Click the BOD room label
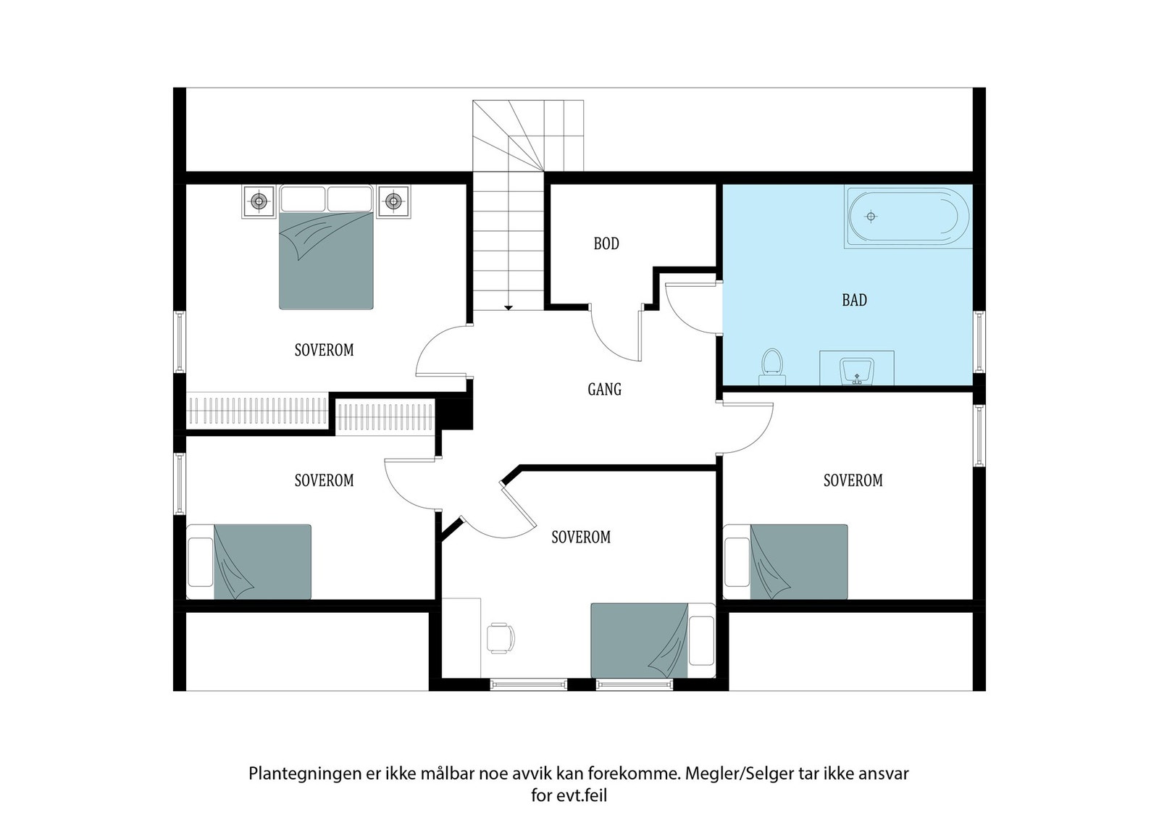pyautogui.click(x=606, y=243)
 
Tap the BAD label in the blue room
pyautogui.click(x=854, y=300)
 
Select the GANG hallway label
pyautogui.click(x=604, y=390)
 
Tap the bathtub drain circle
pyautogui.click(x=871, y=217)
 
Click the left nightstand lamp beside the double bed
pyautogui.click(x=259, y=201)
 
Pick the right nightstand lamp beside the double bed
pyautogui.click(x=393, y=201)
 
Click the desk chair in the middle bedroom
pyautogui.click(x=500, y=637)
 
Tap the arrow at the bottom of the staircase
pyautogui.click(x=509, y=308)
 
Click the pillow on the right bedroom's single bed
pyautogui.click(x=737, y=561)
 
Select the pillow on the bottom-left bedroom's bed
pyautogui.click(x=200, y=561)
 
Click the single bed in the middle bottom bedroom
pyautogui.click(x=641, y=640)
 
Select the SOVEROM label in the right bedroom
pyautogui.click(x=853, y=480)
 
